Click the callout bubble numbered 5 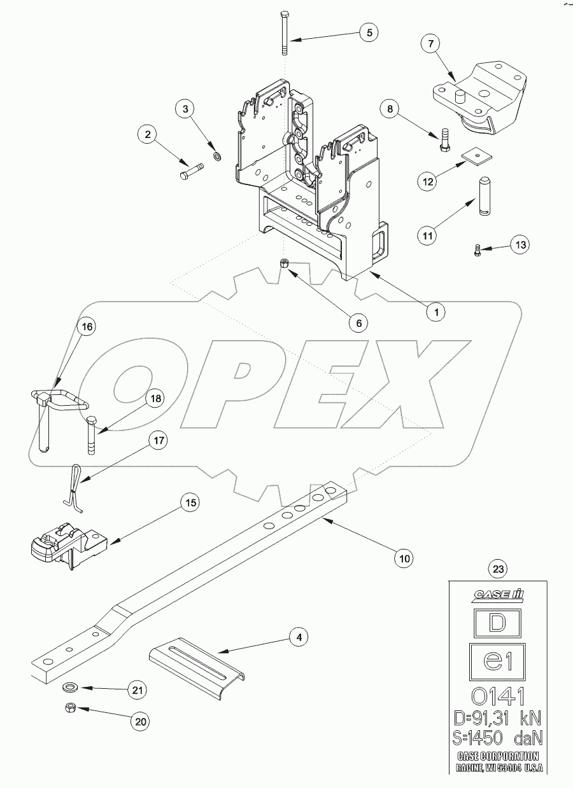369,32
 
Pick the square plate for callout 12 472,155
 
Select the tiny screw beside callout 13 477,251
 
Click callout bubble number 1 436,312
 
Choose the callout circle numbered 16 87,327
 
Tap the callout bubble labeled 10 403,558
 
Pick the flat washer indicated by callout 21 67,688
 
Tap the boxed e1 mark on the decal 497,661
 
